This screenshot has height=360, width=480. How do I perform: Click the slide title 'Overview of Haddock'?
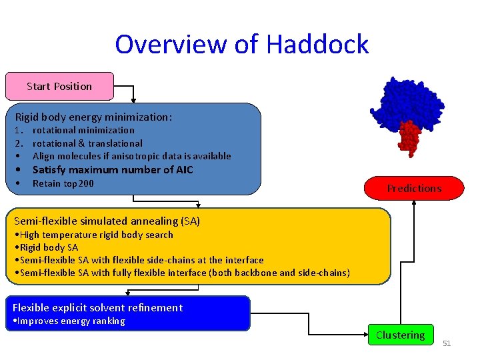click(x=241, y=45)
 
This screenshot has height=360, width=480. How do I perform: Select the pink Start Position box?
click(x=59, y=86)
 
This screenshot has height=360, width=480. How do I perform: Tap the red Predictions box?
click(x=414, y=188)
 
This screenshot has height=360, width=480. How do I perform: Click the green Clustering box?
click(x=400, y=335)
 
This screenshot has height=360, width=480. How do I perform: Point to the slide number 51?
click(x=447, y=343)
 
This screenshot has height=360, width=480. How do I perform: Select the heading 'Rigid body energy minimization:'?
click(x=93, y=117)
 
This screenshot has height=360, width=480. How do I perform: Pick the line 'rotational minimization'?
click(x=83, y=130)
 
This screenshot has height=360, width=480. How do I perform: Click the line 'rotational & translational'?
click(x=87, y=143)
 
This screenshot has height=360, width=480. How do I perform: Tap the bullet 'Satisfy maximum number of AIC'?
click(x=113, y=169)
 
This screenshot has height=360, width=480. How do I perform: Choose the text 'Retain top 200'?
click(x=63, y=183)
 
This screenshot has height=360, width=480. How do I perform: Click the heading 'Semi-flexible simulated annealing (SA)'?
click(x=107, y=221)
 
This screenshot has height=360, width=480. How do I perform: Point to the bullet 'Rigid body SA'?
click(x=47, y=247)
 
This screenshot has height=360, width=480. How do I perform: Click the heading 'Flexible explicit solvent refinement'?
click(x=97, y=307)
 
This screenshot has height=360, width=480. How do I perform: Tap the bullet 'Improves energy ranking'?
click(x=70, y=321)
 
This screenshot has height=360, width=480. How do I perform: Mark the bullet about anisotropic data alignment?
click(x=131, y=156)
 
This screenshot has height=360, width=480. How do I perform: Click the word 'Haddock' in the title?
click(x=317, y=45)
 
